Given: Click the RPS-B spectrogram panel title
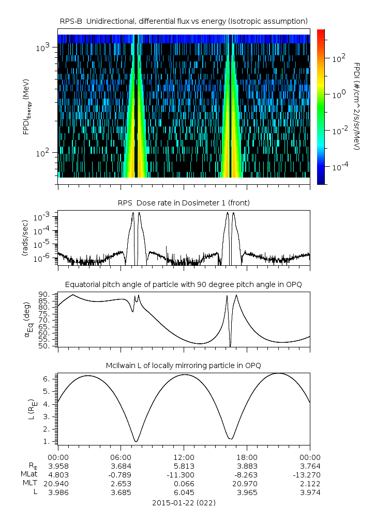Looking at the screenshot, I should pyautogui.click(x=184, y=21).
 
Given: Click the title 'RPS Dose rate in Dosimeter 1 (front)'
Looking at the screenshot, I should pyautogui.click(x=184, y=203).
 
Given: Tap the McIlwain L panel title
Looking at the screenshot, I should pyautogui.click(x=184, y=365).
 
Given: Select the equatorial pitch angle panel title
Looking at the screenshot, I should pyautogui.click(x=184, y=284).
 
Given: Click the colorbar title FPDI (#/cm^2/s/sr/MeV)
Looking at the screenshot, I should pyautogui.click(x=357, y=106).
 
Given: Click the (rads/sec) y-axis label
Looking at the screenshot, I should pyautogui.click(x=24, y=238).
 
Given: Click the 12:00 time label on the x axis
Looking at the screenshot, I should pyautogui.click(x=184, y=457).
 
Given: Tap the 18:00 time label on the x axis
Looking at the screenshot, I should pyautogui.click(x=247, y=457).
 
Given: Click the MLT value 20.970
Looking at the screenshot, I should pyautogui.click(x=247, y=483).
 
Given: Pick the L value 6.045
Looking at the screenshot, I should pyautogui.click(x=184, y=492).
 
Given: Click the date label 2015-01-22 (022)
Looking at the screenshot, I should pyautogui.click(x=184, y=502).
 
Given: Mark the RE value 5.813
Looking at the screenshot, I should pyautogui.click(x=184, y=466).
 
